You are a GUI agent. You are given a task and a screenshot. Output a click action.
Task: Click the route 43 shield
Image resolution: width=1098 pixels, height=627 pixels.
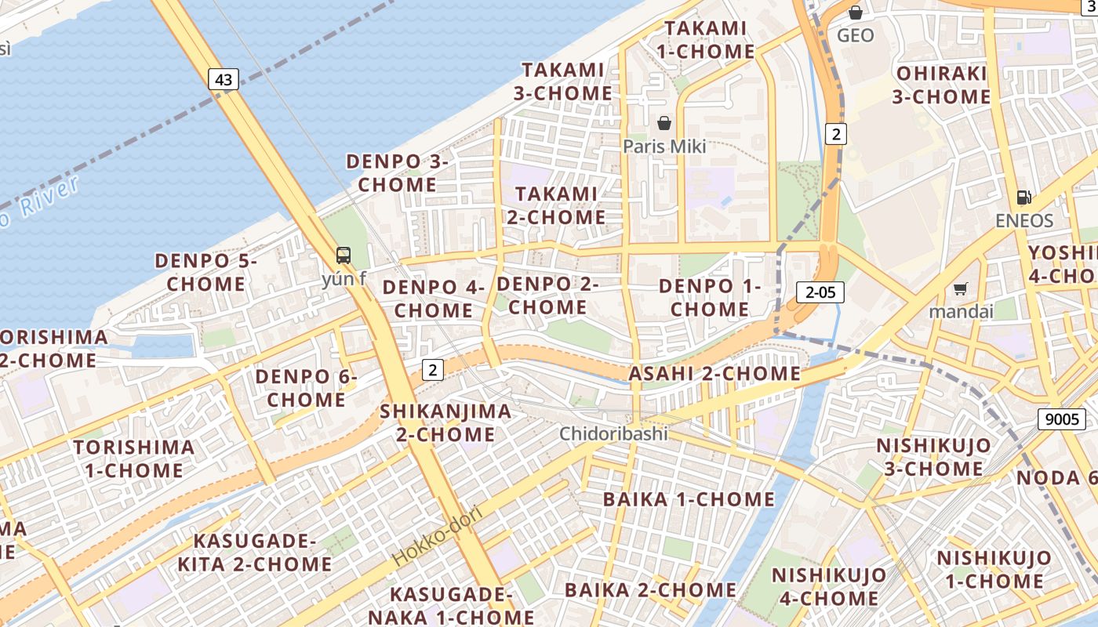click(x=224, y=79)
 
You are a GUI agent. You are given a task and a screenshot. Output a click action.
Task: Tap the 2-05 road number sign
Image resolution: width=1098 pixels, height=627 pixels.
click(x=820, y=292)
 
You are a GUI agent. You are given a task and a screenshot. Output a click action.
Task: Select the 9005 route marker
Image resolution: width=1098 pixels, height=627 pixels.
click(x=1062, y=419)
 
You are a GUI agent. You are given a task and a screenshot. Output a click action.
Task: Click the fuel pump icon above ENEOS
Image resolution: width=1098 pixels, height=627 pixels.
click(x=1023, y=198)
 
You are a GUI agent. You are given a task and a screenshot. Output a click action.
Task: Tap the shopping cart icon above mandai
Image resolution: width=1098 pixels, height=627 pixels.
click(x=961, y=289)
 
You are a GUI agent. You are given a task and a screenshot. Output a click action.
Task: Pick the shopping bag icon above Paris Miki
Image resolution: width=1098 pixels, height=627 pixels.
click(x=664, y=123)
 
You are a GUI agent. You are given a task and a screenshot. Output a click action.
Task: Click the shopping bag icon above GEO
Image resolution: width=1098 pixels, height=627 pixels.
click(x=856, y=13)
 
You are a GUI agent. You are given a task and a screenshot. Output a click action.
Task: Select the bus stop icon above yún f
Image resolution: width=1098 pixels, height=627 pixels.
click(x=344, y=255)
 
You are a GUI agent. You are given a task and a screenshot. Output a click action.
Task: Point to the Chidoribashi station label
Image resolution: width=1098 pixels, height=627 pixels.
click(x=613, y=433)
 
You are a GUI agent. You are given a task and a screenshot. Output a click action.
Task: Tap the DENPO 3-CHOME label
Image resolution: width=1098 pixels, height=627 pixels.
click(x=397, y=172)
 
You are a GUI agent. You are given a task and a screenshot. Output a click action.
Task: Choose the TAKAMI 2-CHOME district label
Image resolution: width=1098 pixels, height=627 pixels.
click(x=556, y=205)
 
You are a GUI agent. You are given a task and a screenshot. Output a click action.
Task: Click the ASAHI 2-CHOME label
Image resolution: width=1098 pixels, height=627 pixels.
click(x=714, y=373)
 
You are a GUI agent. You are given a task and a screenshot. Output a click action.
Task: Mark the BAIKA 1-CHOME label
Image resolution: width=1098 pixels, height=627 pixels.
click(x=689, y=499)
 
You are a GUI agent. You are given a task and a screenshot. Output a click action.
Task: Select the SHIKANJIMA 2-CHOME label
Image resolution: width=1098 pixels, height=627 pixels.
click(x=445, y=422)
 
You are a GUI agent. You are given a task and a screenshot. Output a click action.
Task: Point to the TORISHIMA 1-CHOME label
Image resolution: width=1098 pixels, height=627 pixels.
click(x=134, y=458)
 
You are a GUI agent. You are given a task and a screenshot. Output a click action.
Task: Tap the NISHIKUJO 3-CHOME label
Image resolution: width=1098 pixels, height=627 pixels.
click(x=933, y=457)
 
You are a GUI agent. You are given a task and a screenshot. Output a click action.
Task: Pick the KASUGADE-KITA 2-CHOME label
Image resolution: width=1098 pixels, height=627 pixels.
click(x=254, y=553)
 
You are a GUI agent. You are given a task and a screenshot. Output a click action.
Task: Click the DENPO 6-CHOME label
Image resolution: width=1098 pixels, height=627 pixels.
click(x=306, y=388)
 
